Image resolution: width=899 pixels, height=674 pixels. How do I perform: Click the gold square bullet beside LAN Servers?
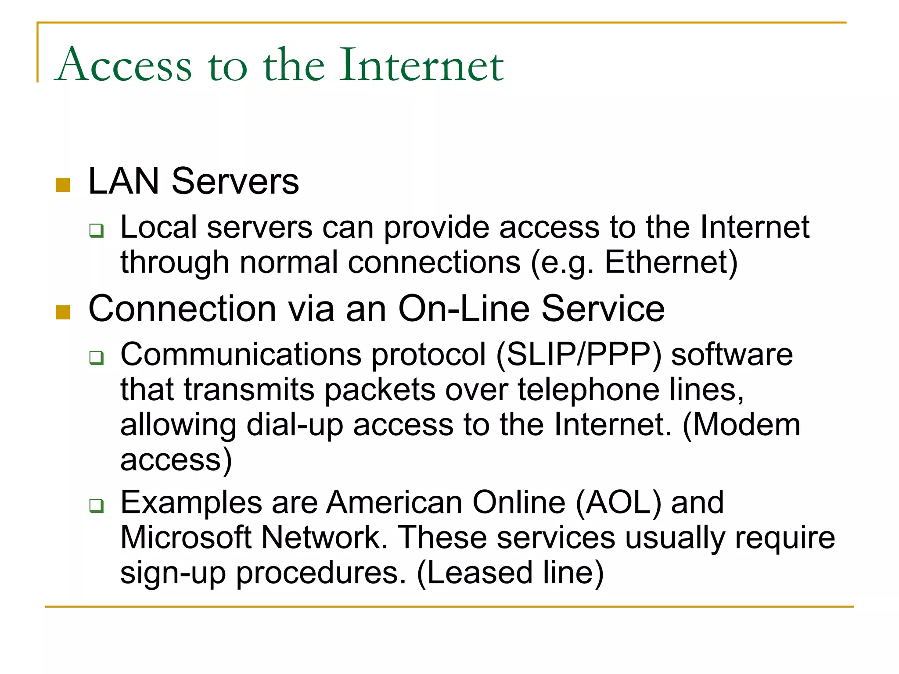[63, 185]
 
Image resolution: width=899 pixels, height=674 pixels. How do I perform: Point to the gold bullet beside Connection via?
[63, 312]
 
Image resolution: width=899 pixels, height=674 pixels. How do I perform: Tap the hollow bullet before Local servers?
[96, 230]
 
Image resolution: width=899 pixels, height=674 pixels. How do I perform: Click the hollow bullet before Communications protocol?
[96, 358]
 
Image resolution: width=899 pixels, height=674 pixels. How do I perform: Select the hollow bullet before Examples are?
[96, 505]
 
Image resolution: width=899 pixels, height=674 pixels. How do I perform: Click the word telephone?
[588, 389]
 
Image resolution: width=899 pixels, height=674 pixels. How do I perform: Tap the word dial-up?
[295, 425]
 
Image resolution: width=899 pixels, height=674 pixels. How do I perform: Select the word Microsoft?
[186, 537]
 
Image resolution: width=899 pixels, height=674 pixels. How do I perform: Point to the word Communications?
[241, 354]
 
